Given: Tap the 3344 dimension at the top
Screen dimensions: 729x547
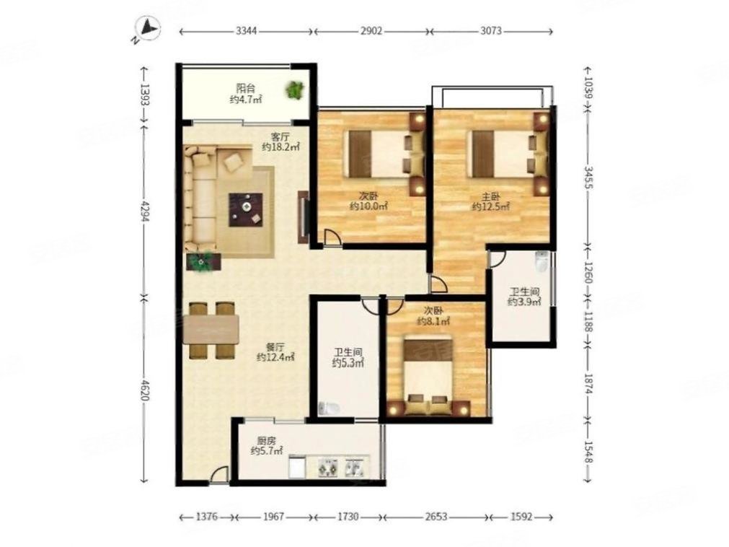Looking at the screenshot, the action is click(x=247, y=31).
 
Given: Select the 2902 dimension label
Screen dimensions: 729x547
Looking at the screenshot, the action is click(x=371, y=31).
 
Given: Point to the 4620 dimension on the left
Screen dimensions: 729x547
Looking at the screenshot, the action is click(x=144, y=390).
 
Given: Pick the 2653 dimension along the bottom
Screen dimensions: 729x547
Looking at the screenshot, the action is click(x=436, y=516).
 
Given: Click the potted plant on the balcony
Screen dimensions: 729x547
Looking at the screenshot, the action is click(x=294, y=89).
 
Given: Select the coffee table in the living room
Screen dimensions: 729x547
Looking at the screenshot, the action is click(x=245, y=210).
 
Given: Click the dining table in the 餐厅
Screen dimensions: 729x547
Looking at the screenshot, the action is click(x=211, y=329).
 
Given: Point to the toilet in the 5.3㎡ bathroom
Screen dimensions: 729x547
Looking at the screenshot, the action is click(x=329, y=408).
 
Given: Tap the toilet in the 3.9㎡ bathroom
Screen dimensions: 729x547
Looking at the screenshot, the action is click(x=542, y=261).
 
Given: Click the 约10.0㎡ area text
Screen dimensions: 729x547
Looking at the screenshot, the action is click(x=368, y=206).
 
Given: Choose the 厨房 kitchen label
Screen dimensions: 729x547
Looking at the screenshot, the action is click(x=266, y=441).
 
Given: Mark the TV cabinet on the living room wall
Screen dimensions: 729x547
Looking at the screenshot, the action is click(x=303, y=216).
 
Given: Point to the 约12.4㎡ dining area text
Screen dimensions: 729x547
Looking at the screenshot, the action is click(x=275, y=357).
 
